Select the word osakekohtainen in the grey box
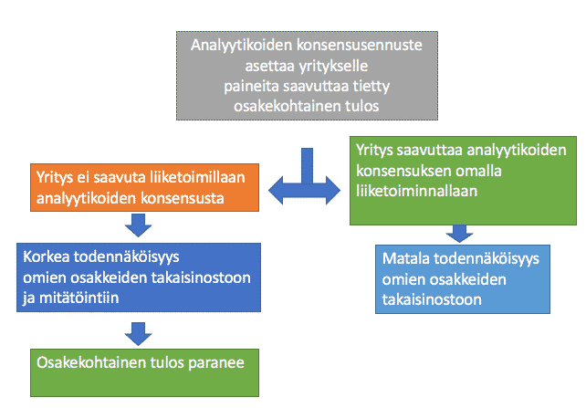pos(266,107)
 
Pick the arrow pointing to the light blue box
pos(459,234)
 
